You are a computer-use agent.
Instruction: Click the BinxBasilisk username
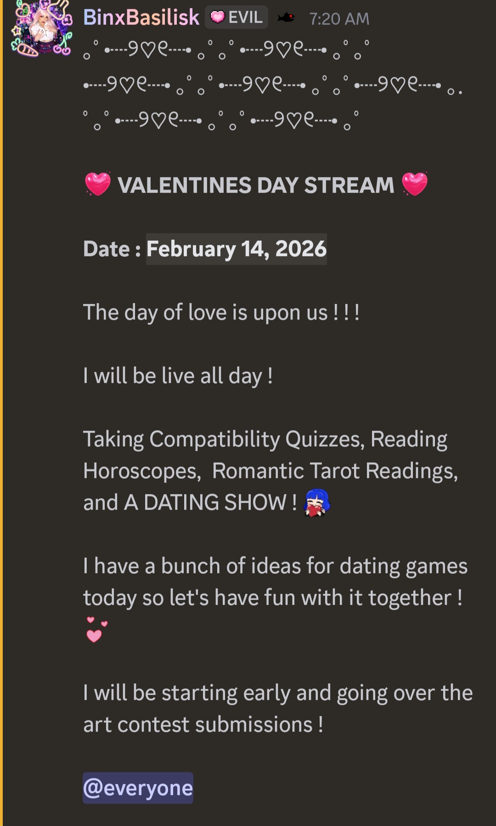point(141,17)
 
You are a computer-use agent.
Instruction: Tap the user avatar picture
point(42,28)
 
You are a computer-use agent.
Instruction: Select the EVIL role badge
point(237,17)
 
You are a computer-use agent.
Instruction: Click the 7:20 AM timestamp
point(339,19)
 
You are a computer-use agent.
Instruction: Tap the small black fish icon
point(286,18)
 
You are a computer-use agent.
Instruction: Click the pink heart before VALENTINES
point(98,184)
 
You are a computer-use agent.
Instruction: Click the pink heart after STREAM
point(415,184)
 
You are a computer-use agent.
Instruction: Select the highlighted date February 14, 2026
point(237,249)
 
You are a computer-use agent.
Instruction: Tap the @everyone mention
point(138,788)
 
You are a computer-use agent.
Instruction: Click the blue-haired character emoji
point(317,503)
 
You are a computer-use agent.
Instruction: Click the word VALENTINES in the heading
point(185,185)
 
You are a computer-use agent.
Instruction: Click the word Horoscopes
point(142,471)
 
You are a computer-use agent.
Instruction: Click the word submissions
point(254,724)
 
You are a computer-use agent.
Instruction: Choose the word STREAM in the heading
point(349,185)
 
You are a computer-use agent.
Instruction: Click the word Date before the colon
point(107,249)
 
